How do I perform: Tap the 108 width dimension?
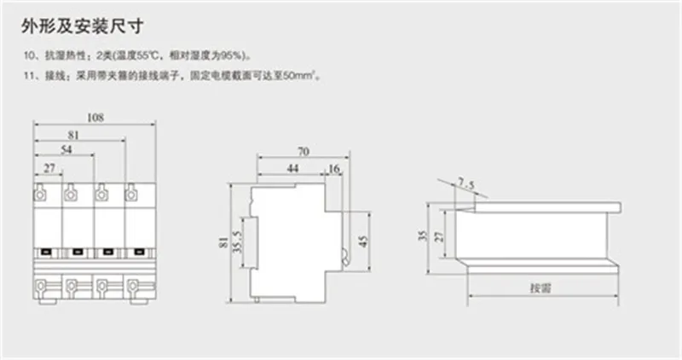(x=95, y=118)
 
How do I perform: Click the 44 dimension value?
(x=292, y=170)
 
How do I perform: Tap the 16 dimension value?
(x=335, y=170)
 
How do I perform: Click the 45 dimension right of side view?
(x=363, y=241)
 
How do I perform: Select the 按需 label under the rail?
(x=540, y=288)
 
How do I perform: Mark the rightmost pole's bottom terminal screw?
(x=131, y=283)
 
